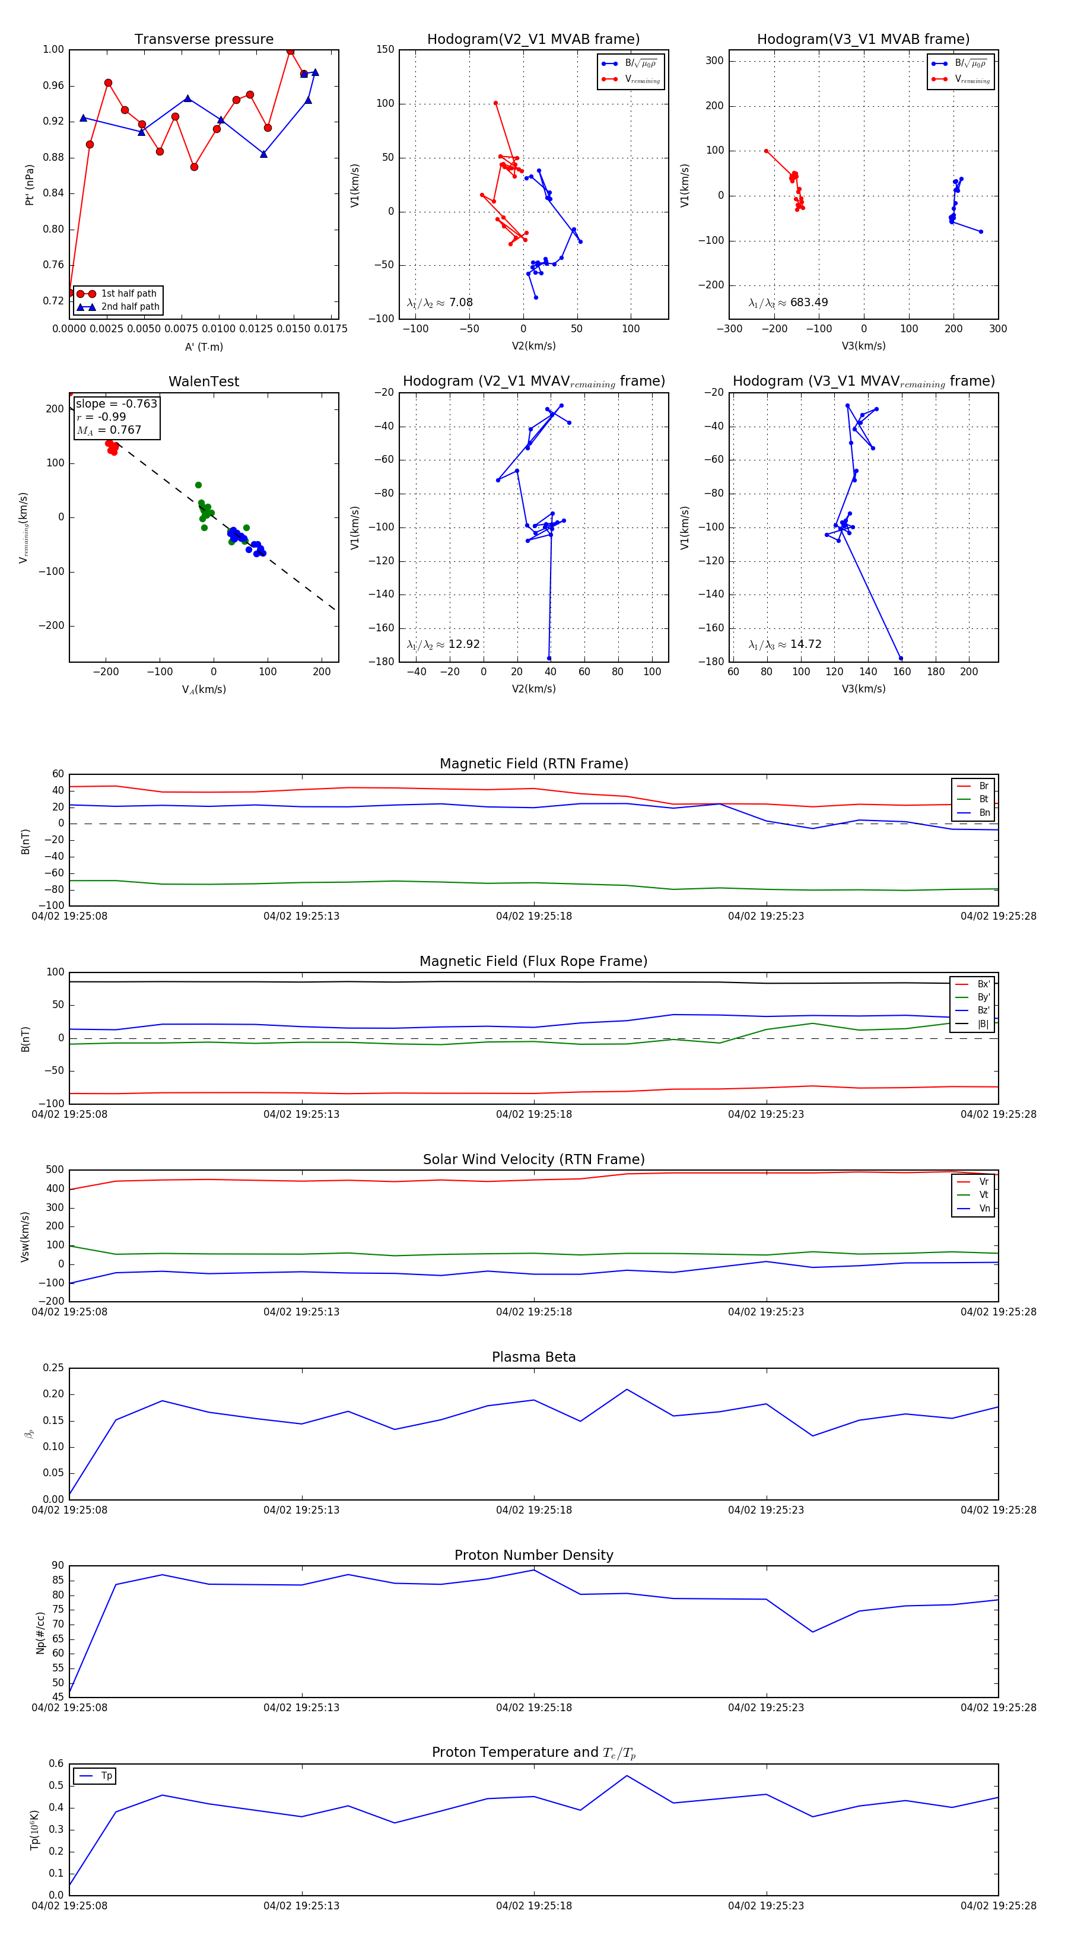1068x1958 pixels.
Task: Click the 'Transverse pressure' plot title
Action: click(204, 40)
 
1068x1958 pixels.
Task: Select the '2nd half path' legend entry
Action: click(130, 307)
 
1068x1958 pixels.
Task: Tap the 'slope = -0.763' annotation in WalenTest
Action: click(116, 403)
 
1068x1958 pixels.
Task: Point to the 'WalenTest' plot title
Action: click(204, 382)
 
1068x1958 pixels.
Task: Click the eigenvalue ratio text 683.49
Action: click(809, 303)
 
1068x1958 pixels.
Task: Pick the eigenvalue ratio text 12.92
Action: click(463, 644)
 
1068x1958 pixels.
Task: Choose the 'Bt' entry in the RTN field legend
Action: click(984, 799)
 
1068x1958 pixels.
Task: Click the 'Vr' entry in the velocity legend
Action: click(984, 1182)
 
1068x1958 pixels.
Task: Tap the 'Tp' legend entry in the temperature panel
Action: click(106, 1776)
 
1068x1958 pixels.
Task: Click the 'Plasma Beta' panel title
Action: click(533, 1358)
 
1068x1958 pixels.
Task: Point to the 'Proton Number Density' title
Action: click(533, 1555)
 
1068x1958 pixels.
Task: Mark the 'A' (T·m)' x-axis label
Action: click(204, 347)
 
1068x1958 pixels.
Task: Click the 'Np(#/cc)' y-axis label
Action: click(41, 1633)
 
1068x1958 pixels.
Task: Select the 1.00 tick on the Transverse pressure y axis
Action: click(53, 49)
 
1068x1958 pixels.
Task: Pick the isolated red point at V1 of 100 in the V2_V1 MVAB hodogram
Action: click(495, 103)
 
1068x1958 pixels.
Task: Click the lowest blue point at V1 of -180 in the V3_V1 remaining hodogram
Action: click(901, 658)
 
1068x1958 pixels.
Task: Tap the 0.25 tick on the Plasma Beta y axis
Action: click(53, 1368)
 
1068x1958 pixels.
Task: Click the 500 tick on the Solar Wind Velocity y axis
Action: click(55, 1170)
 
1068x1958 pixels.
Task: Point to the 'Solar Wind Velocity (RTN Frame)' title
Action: click(533, 1160)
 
